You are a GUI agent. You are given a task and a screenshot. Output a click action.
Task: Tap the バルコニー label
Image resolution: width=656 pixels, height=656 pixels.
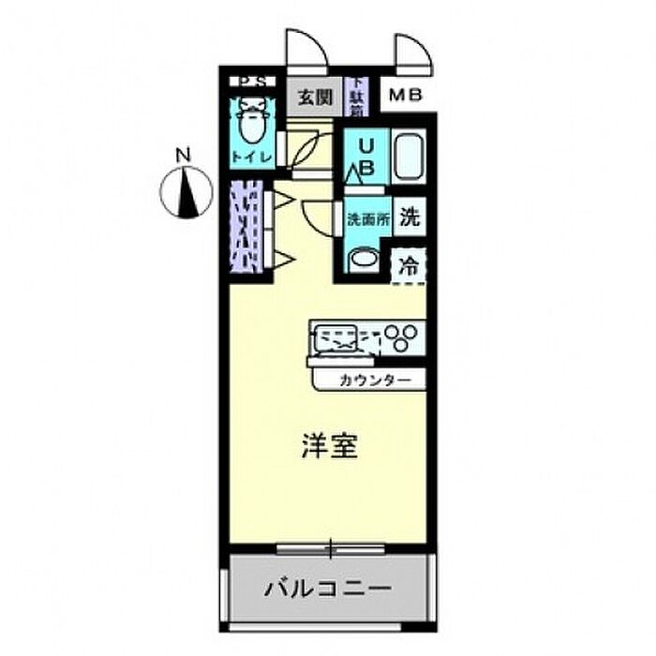click(327, 590)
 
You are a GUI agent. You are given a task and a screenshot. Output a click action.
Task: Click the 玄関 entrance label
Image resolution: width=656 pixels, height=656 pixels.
click(315, 97)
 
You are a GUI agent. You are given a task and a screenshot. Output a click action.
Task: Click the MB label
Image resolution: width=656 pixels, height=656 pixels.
click(406, 95)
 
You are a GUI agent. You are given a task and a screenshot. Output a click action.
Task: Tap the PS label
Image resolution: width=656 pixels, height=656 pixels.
click(250, 82)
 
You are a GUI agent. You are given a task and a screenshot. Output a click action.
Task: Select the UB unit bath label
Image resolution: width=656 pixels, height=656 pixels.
click(367, 157)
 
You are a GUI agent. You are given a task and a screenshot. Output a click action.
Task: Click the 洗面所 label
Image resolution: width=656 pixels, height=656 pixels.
click(365, 220)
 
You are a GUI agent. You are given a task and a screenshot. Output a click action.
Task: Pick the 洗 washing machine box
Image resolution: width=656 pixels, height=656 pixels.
click(410, 218)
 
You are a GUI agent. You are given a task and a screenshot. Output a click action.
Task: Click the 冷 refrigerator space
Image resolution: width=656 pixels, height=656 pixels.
click(410, 265)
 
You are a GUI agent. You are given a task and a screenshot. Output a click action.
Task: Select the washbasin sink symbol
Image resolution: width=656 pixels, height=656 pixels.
click(362, 260)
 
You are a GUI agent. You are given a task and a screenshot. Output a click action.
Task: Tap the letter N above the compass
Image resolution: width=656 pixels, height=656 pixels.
click(185, 155)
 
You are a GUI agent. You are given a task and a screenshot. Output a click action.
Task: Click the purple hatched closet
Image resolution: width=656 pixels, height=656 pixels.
click(246, 226)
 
